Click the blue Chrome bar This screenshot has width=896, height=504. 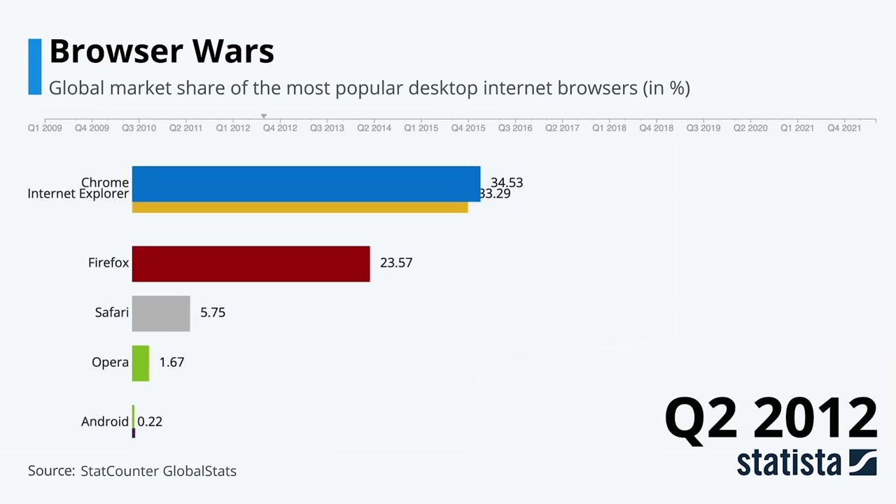click(x=306, y=183)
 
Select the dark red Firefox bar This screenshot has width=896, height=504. click(x=251, y=264)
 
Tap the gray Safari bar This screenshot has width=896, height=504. click(x=161, y=314)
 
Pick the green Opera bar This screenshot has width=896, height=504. click(x=141, y=363)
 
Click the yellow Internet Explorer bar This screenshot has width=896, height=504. click(x=300, y=208)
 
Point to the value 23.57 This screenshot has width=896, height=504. click(x=396, y=262)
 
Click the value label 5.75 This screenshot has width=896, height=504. click(x=213, y=312)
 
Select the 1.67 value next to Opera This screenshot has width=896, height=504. click(x=171, y=362)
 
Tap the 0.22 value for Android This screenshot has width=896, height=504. click(x=150, y=421)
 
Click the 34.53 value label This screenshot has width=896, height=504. click(x=507, y=182)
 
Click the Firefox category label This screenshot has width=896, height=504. click(x=108, y=262)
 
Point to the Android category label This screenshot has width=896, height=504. click(x=105, y=421)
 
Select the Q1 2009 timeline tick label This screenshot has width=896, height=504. click(x=45, y=128)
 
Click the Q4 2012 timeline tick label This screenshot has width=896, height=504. click(x=280, y=128)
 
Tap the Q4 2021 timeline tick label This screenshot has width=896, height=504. click(x=844, y=128)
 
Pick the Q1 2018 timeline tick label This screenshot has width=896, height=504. click(x=609, y=128)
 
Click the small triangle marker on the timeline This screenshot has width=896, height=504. click(x=264, y=116)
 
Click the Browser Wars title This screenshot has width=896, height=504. click(x=162, y=51)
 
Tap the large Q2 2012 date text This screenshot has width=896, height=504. click(x=770, y=418)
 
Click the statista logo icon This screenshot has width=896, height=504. click(x=862, y=463)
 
